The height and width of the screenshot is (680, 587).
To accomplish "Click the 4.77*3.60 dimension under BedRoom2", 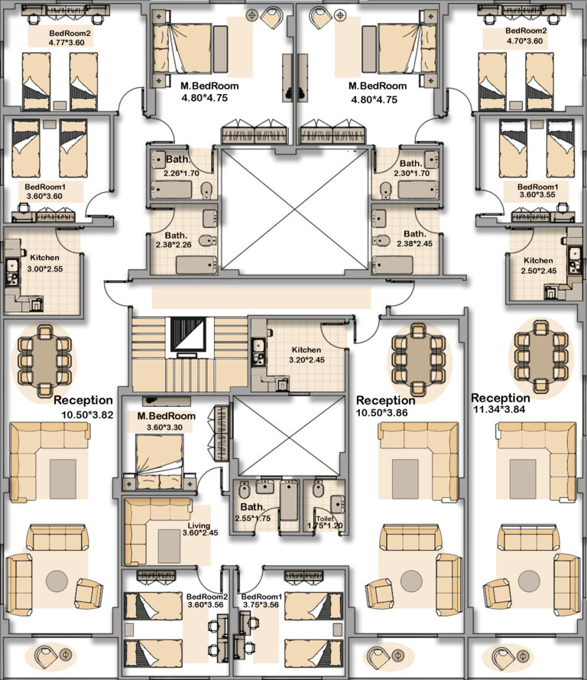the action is (x=66, y=43).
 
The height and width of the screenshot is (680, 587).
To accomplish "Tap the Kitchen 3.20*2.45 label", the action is (x=306, y=355).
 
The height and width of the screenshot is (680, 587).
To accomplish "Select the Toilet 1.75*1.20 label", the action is (x=325, y=522).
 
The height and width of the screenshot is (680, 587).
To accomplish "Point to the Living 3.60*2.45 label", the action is (x=199, y=529).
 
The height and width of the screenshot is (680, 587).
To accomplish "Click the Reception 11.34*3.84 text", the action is (x=501, y=403).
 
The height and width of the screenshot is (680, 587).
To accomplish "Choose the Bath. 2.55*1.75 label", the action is (x=252, y=512).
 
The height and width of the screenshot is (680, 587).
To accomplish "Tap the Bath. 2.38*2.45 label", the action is (x=414, y=239).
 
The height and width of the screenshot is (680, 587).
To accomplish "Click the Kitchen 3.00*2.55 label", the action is (x=44, y=263).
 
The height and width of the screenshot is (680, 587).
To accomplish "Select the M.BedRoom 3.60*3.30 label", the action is (x=166, y=421).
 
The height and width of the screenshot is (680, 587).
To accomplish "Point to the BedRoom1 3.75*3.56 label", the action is (x=261, y=600).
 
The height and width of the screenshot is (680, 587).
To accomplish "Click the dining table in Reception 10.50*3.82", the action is (x=44, y=361).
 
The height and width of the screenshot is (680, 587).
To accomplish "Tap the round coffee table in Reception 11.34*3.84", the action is (x=529, y=581).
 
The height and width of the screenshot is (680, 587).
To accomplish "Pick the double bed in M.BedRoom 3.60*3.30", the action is (x=160, y=462).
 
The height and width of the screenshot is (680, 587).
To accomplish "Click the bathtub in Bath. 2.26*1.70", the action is (x=170, y=190).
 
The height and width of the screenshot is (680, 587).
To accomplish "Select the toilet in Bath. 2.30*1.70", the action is (x=385, y=190).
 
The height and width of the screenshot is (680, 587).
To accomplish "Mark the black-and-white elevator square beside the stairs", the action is (x=187, y=334).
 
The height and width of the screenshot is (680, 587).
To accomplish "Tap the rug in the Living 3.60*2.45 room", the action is (x=169, y=546).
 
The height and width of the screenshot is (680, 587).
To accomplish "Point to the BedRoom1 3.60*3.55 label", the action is (x=537, y=190).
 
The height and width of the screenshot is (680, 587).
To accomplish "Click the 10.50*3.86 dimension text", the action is (x=381, y=413).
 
